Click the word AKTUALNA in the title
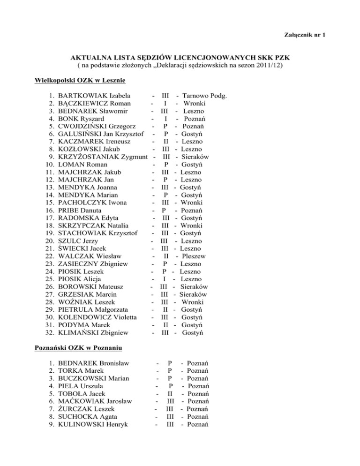86,57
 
